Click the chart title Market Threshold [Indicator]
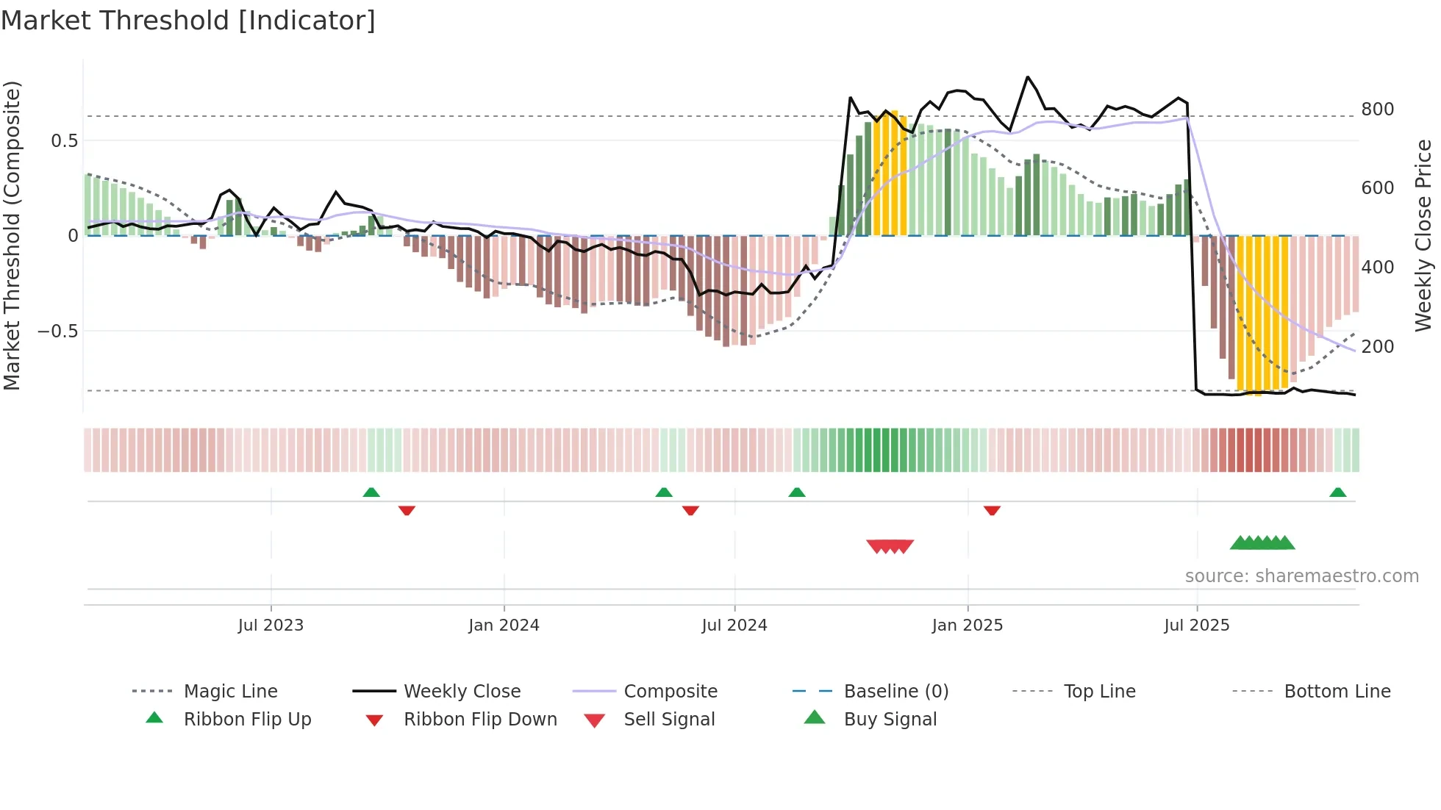(188, 21)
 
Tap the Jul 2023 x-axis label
(271, 626)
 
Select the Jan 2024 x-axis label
(504, 626)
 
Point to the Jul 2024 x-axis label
(734, 626)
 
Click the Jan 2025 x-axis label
(967, 626)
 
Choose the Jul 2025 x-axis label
(1196, 626)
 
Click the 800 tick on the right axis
(1377, 110)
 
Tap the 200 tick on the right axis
(1377, 346)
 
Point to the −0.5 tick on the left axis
(58, 331)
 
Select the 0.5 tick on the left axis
(64, 141)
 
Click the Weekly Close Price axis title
(1423, 235)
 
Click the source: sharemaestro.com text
(1301, 576)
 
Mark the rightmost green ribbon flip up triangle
(1337, 492)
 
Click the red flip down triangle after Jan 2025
(992, 510)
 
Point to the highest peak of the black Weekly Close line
(1028, 76)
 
